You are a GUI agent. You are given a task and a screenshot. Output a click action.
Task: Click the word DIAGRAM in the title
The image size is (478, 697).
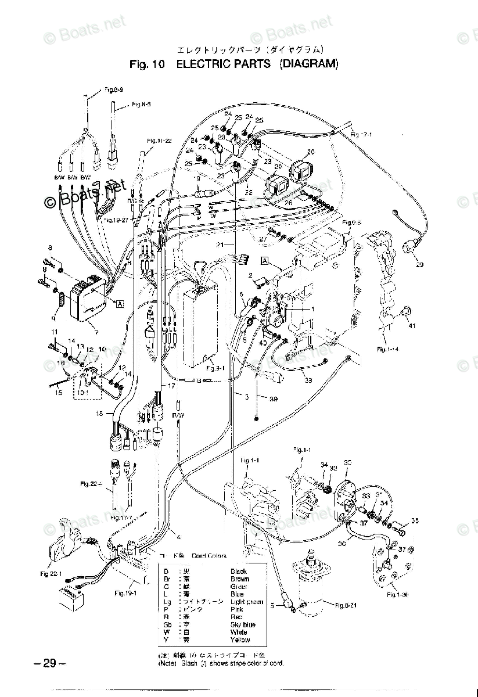tap(308, 64)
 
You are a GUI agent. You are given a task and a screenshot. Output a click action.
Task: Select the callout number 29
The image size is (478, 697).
tap(436, 265)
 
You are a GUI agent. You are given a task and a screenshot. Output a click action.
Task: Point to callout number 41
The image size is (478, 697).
tap(412, 326)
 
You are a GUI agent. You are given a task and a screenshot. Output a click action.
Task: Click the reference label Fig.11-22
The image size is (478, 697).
tap(159, 141)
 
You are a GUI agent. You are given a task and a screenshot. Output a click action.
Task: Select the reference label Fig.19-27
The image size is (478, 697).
tap(117, 220)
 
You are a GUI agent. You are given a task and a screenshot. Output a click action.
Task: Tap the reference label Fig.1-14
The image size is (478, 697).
tap(387, 349)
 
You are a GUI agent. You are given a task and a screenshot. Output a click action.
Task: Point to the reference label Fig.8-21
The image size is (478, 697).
tap(347, 605)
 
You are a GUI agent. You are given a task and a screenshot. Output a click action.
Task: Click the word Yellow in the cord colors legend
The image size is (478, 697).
tap(240, 639)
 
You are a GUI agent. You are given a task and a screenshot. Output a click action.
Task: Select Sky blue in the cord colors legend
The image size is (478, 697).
tap(243, 624)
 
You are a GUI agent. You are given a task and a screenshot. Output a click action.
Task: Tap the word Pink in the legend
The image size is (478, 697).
tap(237, 609)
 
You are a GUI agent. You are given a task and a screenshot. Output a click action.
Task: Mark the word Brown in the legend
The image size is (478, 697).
tap(240, 579)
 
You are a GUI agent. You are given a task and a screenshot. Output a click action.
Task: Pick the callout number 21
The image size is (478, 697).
tap(220, 246)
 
